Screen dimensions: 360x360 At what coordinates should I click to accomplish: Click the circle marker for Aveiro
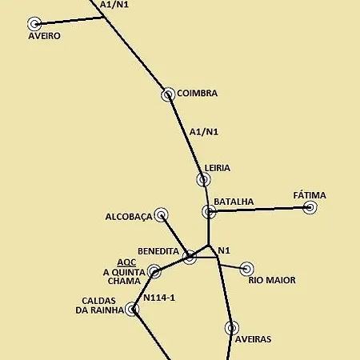click(x=34, y=24)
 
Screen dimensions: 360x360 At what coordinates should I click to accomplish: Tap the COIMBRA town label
click(x=197, y=94)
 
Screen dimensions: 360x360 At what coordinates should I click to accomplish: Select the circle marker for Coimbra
click(x=168, y=94)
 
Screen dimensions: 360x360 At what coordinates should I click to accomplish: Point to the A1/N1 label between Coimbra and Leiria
click(x=204, y=132)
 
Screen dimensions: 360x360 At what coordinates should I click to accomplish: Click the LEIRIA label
click(x=217, y=168)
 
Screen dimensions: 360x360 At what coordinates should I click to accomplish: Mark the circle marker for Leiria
click(x=203, y=180)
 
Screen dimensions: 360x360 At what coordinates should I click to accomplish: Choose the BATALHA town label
click(x=234, y=202)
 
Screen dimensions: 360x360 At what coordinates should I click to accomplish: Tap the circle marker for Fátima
click(x=310, y=208)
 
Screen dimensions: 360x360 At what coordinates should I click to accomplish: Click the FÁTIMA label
click(x=310, y=195)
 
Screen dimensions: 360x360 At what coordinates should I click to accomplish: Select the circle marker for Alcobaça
click(x=161, y=214)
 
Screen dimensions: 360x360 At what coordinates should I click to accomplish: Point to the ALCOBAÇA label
click(x=128, y=217)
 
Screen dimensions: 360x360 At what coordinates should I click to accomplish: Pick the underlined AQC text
click(x=126, y=262)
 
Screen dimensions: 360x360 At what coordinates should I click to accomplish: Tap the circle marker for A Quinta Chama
click(x=154, y=272)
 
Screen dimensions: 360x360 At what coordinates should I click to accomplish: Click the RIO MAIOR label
click(x=272, y=281)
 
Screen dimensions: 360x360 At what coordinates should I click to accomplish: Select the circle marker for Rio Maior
click(x=246, y=269)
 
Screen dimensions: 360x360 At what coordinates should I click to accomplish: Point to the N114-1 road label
click(x=159, y=298)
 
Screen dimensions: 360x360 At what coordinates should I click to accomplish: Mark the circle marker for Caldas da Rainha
click(x=133, y=309)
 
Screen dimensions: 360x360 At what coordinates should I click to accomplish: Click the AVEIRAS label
click(x=253, y=339)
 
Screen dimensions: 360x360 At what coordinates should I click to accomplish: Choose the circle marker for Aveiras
click(x=232, y=327)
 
